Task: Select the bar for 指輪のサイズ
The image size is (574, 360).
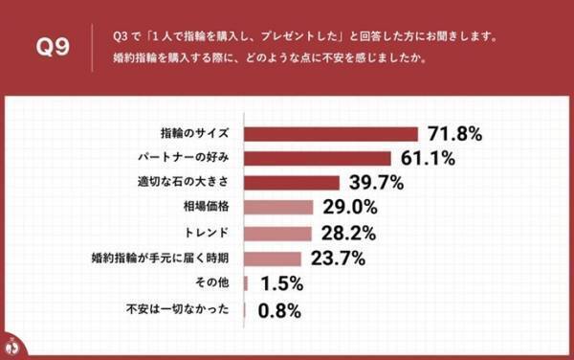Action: pyautogui.click(x=332, y=132)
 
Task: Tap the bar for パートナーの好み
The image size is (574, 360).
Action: pyautogui.click(x=319, y=157)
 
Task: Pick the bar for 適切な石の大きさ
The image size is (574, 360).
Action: pyautogui.click(x=293, y=182)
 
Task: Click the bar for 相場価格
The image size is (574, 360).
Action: pyautogui.click(x=279, y=207)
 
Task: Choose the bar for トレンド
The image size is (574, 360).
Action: pyautogui.click(x=278, y=233)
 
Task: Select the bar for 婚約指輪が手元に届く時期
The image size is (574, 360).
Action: pyautogui.click(x=274, y=258)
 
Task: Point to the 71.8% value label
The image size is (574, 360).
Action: pyautogui.click(x=454, y=132)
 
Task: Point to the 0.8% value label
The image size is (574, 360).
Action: pyautogui.click(x=276, y=309)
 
